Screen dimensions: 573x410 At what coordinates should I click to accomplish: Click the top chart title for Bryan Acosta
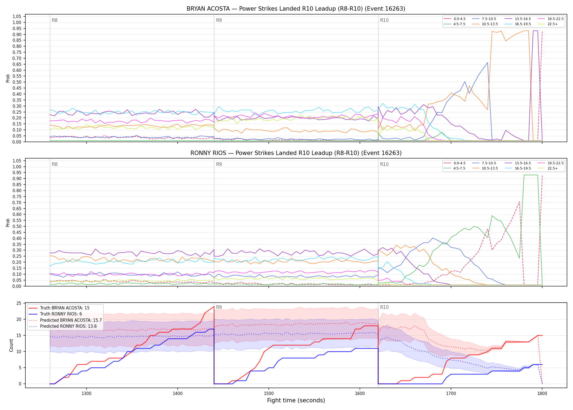coord(296,9)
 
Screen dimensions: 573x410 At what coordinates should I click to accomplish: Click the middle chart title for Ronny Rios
coord(296,153)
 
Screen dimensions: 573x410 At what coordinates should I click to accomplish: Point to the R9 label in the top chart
coord(219,20)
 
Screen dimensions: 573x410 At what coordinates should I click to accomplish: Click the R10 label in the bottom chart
coord(384,307)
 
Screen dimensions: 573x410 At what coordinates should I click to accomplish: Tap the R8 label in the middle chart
coord(55,164)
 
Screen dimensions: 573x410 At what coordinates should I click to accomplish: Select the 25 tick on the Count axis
coord(19,303)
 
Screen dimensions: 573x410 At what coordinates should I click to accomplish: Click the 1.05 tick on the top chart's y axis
coord(17,17)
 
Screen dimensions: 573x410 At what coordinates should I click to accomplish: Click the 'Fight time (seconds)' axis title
coord(296,400)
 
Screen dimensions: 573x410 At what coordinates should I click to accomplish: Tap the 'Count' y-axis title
coord(11,345)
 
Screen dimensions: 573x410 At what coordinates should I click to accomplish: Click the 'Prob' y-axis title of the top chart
coord(8,78)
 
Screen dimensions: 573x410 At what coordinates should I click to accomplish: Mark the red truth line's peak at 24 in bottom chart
coord(214,306)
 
